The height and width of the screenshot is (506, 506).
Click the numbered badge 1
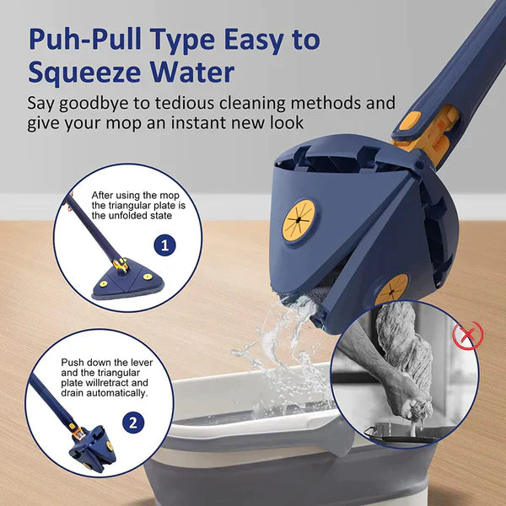coord(165,246)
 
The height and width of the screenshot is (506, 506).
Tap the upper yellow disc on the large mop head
coord(299,220)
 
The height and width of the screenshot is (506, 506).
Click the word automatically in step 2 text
coord(123,393)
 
